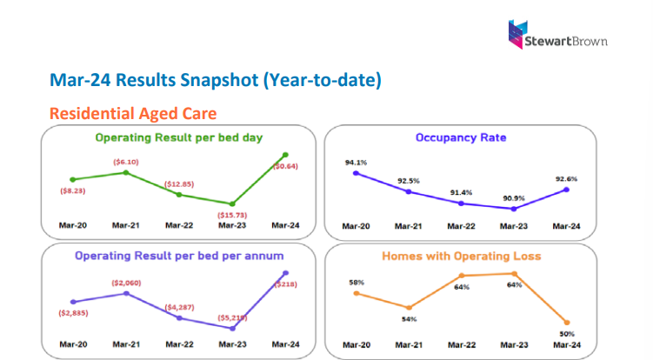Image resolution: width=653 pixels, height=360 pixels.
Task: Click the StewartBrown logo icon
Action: point(518,33)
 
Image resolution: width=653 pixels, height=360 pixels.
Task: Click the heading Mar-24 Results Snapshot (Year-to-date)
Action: point(215,81)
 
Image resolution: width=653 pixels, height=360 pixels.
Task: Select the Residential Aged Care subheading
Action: point(133,113)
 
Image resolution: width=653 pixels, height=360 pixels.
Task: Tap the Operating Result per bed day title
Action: point(179,137)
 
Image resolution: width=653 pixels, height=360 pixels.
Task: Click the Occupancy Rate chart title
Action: point(461,137)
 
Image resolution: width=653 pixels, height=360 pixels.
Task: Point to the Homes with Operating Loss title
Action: point(461,256)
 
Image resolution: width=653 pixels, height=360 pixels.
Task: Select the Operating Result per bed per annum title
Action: point(179,256)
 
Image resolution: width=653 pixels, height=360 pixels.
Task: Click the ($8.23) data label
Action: point(73,190)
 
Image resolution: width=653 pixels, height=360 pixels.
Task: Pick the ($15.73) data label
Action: point(231,214)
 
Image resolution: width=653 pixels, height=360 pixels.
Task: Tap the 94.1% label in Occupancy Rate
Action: point(356,161)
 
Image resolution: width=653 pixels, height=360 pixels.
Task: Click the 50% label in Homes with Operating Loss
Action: point(567,333)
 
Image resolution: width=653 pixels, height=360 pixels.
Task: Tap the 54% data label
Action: point(408,319)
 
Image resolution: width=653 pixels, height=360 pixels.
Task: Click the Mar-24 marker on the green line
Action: point(284,155)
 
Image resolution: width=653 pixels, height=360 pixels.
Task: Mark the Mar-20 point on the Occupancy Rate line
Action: point(356,173)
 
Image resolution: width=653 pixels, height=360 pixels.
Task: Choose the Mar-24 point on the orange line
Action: point(567,323)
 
